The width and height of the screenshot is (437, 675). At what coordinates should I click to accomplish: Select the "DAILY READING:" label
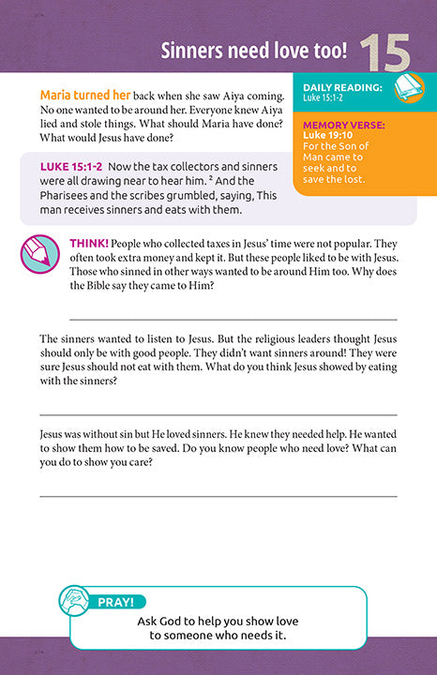[x=342, y=87]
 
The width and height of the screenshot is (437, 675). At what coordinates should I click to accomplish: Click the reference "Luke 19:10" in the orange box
[x=331, y=135]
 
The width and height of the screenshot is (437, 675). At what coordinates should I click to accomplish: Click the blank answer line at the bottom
[x=218, y=496]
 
